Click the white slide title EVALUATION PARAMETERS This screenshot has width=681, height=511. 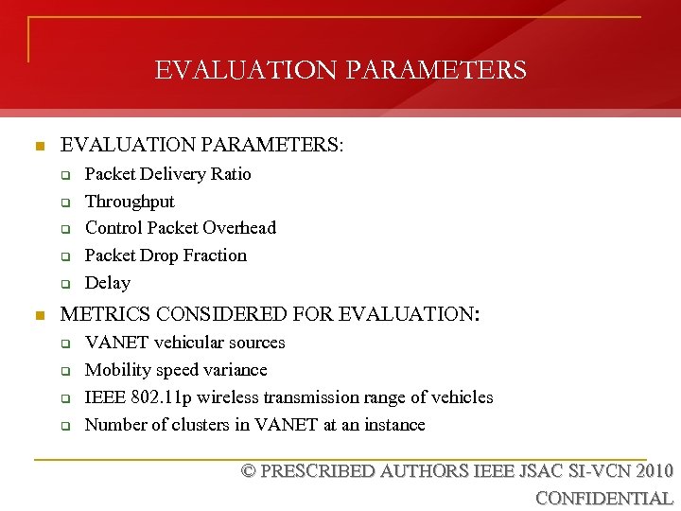pos(340,70)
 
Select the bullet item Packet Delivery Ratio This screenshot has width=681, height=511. pos(168,174)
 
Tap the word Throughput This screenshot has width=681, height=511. pos(130,202)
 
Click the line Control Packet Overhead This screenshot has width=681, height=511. pos(181,228)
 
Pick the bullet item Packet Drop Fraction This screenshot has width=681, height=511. pos(166,255)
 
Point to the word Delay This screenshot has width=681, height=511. pos(108,283)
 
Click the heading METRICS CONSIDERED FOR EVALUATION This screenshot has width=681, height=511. pos(270,313)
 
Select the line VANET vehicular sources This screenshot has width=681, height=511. pos(185,343)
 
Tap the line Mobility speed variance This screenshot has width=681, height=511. pos(176,370)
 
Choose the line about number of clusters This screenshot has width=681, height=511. pos(255,425)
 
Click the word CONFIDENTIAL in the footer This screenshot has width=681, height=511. pos(604,499)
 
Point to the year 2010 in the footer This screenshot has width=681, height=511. pos(655,471)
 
